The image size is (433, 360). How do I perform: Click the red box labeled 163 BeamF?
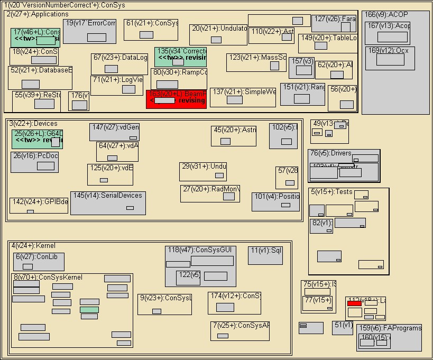point(176,99)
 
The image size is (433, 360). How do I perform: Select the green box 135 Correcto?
point(180,57)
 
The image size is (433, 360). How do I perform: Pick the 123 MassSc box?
point(256,62)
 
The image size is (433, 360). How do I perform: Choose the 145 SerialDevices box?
point(108,203)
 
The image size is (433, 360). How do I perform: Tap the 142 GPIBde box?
point(39,205)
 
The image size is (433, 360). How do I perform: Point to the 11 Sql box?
point(265,255)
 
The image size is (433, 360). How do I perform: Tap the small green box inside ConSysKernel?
point(89,309)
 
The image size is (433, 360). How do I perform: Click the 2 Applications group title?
point(38,14)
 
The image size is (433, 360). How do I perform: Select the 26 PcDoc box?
point(34,162)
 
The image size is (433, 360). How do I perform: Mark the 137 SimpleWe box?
point(243,97)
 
